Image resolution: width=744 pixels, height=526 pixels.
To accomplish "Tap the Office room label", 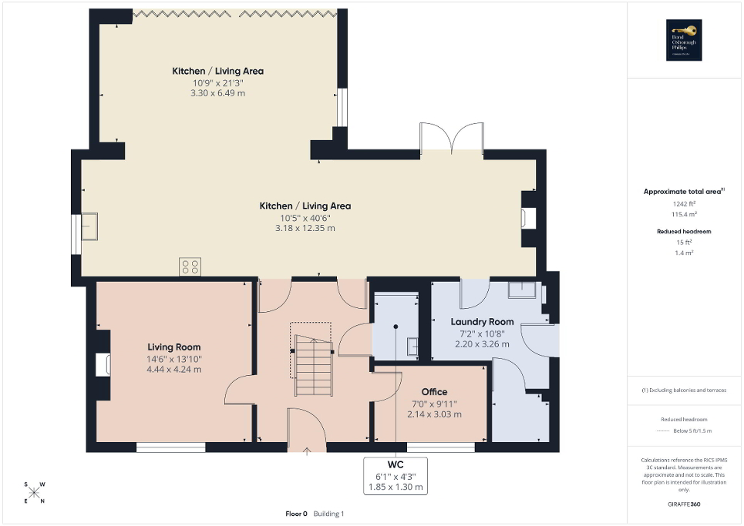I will [434, 392].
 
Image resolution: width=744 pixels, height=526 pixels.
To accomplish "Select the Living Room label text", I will [174, 347].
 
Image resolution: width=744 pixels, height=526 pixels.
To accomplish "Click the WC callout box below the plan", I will [395, 476].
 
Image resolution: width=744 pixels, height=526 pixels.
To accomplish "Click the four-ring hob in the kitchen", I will [190, 266].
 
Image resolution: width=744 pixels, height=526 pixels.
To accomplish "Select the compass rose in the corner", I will [35, 491].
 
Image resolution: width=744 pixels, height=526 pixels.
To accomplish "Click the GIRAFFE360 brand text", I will [685, 504].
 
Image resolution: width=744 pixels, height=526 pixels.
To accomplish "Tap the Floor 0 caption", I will [296, 514].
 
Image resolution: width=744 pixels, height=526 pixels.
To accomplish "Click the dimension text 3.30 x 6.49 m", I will [217, 93].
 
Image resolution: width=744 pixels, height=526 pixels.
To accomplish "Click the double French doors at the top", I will [451, 139].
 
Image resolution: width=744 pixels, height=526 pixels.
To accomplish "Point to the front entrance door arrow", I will [307, 451].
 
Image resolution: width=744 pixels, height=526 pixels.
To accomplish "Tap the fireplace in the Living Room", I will [103, 364].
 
